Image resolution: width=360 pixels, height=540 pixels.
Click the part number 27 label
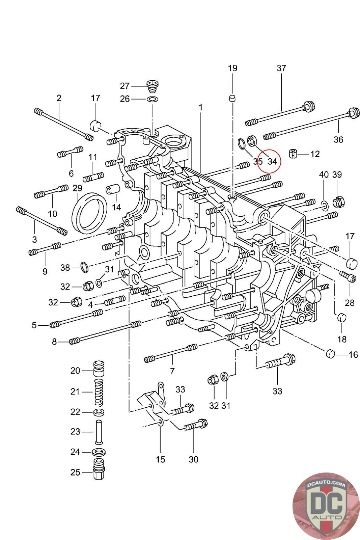point(125,86)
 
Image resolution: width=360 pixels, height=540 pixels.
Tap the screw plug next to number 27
point(151,86)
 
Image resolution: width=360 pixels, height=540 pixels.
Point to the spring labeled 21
point(99,392)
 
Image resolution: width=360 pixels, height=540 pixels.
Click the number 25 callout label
point(75,472)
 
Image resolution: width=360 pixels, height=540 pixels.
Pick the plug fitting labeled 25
point(99,472)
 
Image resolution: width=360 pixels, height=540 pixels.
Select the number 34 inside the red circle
point(272,161)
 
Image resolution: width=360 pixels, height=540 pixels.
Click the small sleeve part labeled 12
point(293,154)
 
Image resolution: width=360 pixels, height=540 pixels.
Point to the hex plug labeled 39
point(338,202)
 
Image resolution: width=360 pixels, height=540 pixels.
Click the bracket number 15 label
point(160,459)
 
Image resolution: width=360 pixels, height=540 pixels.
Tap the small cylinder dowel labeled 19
point(232,98)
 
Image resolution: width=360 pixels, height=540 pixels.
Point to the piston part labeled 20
point(99,369)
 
